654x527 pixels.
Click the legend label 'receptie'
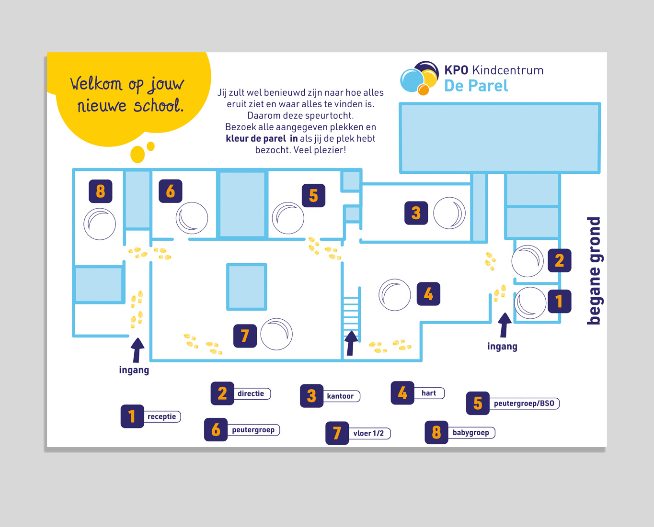coord(161,416)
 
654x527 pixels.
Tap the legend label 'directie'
coord(251,393)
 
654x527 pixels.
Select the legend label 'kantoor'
coord(340,396)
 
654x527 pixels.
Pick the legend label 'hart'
coord(429,393)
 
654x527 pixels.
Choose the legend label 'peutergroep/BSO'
coord(524,404)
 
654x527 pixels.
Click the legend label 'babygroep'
coord(470,433)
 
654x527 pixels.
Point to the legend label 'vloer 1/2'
coord(368,433)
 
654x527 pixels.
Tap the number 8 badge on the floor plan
coord(100,191)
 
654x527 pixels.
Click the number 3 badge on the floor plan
coord(416,213)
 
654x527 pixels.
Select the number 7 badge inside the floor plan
coord(245,336)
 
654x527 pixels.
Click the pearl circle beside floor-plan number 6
coord(192,218)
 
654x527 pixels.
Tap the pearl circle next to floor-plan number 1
coord(530,303)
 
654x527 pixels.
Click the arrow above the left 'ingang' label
coord(138,350)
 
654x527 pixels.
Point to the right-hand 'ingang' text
coord(502,346)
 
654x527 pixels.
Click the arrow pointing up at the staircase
coord(351,343)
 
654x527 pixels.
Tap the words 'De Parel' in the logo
coord(476,86)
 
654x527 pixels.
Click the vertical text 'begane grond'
coord(594,271)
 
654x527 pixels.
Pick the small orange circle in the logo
coord(423,90)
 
